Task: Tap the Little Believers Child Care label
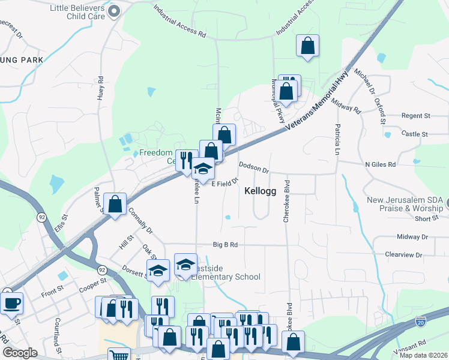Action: click(x=77, y=12)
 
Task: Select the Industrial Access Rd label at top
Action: click(x=179, y=22)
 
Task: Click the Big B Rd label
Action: click(x=226, y=245)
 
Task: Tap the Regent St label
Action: click(x=416, y=115)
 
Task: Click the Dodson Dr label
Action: click(x=254, y=167)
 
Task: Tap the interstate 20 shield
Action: click(x=421, y=323)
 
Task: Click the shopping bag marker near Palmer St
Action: click(x=115, y=203)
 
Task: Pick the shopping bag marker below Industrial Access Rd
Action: click(x=307, y=46)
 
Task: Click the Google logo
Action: click(x=20, y=353)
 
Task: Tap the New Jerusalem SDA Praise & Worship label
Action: click(x=405, y=204)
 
